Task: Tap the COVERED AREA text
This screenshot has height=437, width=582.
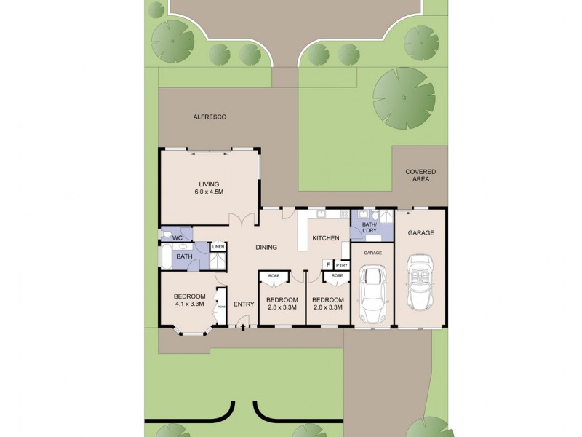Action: [x=420, y=176]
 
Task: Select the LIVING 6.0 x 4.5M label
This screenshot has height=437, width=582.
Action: [x=208, y=188]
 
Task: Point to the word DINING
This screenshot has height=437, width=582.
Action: [x=266, y=248]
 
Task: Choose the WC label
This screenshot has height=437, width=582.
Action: [x=177, y=237]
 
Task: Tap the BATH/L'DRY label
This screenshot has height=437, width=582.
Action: [x=370, y=227]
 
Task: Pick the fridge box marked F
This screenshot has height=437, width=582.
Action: [x=327, y=265]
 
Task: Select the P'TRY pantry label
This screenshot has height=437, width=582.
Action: [x=341, y=265]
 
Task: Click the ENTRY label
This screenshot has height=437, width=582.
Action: [x=244, y=304]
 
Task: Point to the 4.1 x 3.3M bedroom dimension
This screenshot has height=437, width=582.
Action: [x=188, y=304]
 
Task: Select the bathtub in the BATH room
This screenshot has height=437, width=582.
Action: [x=165, y=256]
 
